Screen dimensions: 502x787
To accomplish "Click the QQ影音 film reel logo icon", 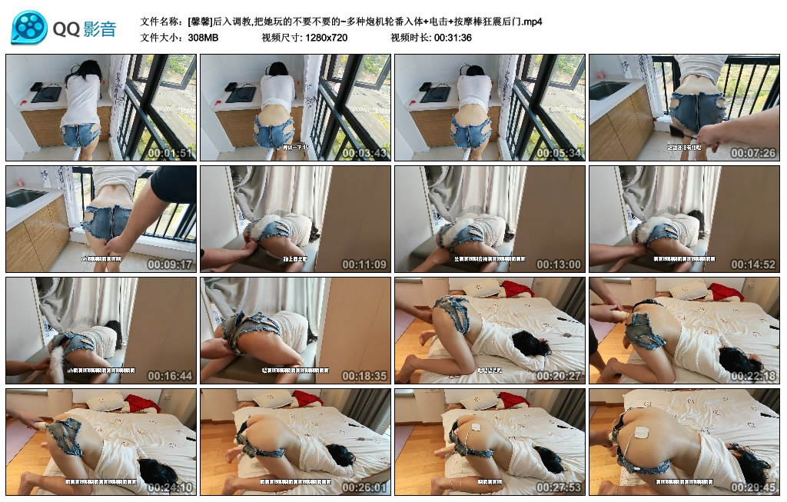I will pyautogui.click(x=29, y=28).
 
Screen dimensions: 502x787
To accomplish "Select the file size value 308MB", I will pyautogui.click(x=204, y=37).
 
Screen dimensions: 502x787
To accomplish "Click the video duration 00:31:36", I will pyautogui.click(x=453, y=37).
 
